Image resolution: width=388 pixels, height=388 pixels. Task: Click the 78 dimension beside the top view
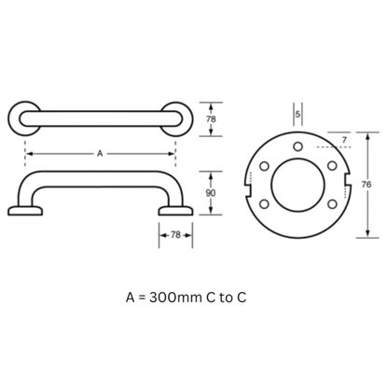pyautogui.click(x=211, y=119)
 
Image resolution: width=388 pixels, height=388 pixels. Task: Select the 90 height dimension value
pyautogui.click(x=211, y=193)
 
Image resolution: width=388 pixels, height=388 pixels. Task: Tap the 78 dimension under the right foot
pyautogui.click(x=175, y=235)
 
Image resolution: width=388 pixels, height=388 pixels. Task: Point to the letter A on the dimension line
pyautogui.click(x=100, y=154)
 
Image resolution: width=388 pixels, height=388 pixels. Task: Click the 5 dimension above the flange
pyautogui.click(x=298, y=115)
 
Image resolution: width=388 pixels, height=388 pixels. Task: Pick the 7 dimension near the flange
pyautogui.click(x=344, y=140)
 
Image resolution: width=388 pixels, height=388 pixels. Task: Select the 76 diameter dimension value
pyautogui.click(x=367, y=185)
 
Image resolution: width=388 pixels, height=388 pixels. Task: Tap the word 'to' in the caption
pyautogui.click(x=227, y=298)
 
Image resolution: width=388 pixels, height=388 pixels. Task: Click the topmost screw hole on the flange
pyautogui.click(x=298, y=146)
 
